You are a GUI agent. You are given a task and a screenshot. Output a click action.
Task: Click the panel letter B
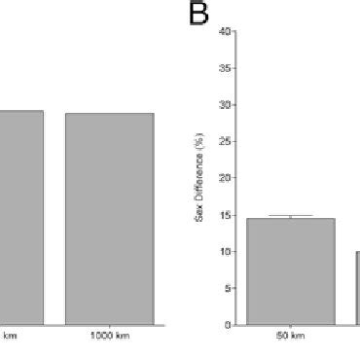pyautogui.click(x=198, y=17)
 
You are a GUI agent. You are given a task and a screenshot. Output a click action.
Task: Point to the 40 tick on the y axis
pyautogui.click(x=226, y=32)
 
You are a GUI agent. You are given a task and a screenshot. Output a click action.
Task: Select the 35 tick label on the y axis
pyautogui.click(x=226, y=69)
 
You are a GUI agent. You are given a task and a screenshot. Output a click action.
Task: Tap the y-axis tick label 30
pyautogui.click(x=226, y=105)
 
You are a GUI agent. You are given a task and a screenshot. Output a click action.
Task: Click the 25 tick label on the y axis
pyautogui.click(x=226, y=142)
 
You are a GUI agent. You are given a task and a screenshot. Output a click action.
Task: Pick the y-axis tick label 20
pyautogui.click(x=226, y=178)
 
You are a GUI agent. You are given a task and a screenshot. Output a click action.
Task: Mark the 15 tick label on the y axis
pyautogui.click(x=226, y=215)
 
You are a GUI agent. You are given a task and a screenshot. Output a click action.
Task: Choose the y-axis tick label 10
pyautogui.click(x=226, y=252)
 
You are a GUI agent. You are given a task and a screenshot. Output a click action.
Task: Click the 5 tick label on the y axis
pyautogui.click(x=228, y=288)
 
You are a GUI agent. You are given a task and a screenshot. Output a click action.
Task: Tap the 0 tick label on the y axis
pyautogui.click(x=228, y=325)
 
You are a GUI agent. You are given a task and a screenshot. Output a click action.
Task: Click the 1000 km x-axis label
pyautogui.click(x=109, y=336)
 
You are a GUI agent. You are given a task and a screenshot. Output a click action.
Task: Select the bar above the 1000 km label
pyautogui.click(x=109, y=218)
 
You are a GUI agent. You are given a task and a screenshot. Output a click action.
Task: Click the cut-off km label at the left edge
pyautogui.click(x=10, y=336)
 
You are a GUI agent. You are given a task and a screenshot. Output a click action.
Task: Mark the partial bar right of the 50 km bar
pyautogui.click(x=357, y=288)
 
